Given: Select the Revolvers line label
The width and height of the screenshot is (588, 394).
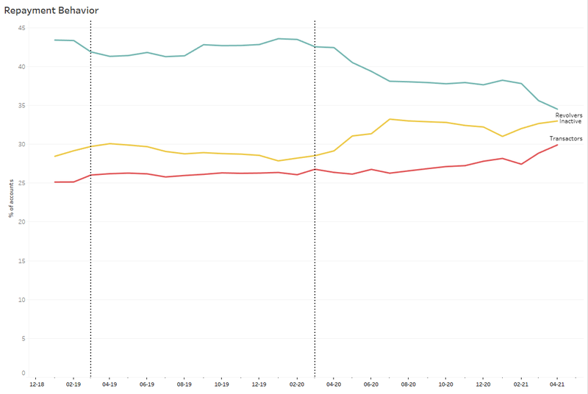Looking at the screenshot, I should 568,115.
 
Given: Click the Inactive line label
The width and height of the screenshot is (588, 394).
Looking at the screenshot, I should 570,121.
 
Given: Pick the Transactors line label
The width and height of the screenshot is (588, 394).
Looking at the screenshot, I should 566,138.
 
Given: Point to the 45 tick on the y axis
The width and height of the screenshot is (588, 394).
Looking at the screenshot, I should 21,28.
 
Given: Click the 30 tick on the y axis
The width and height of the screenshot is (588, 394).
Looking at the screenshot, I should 21,144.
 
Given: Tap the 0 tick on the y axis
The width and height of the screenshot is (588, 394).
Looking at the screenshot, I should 23,373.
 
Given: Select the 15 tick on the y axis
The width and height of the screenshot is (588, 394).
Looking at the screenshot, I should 21,261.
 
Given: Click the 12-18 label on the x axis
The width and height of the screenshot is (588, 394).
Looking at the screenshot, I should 36,384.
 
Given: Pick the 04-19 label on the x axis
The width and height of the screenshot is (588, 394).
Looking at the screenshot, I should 110,384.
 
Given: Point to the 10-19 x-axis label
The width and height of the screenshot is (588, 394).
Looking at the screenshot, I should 221,384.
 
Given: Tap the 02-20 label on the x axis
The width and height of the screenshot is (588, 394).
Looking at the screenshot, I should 297,384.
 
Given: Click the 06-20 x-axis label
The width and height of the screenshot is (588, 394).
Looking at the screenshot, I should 371,384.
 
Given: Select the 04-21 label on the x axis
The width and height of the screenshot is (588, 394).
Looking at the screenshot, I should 557,384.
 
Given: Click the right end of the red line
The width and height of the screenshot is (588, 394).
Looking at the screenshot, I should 557,145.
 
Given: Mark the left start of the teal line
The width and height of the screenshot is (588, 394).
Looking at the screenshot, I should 55,40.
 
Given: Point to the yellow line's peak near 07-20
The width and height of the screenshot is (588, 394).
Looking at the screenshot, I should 390,119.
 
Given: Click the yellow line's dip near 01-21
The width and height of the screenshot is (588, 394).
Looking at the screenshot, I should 502,136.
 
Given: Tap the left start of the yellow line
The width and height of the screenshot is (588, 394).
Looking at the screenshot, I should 55,156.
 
